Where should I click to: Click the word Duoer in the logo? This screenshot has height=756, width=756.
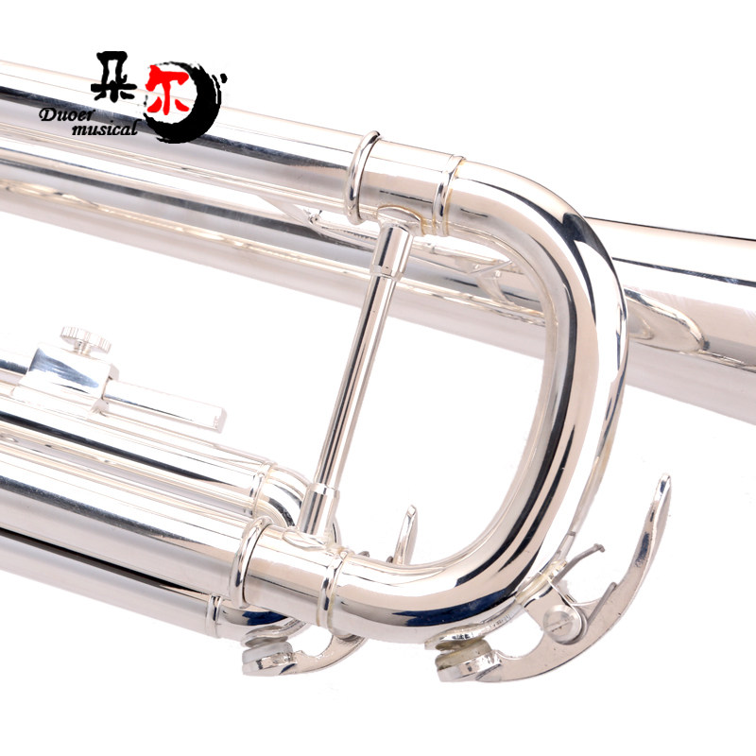click(67, 113)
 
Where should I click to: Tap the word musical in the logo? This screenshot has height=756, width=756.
click(105, 129)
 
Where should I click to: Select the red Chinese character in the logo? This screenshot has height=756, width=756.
click(167, 90)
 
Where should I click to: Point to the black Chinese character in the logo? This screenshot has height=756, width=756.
click(114, 76)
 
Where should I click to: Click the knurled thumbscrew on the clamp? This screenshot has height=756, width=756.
click(85, 340)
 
